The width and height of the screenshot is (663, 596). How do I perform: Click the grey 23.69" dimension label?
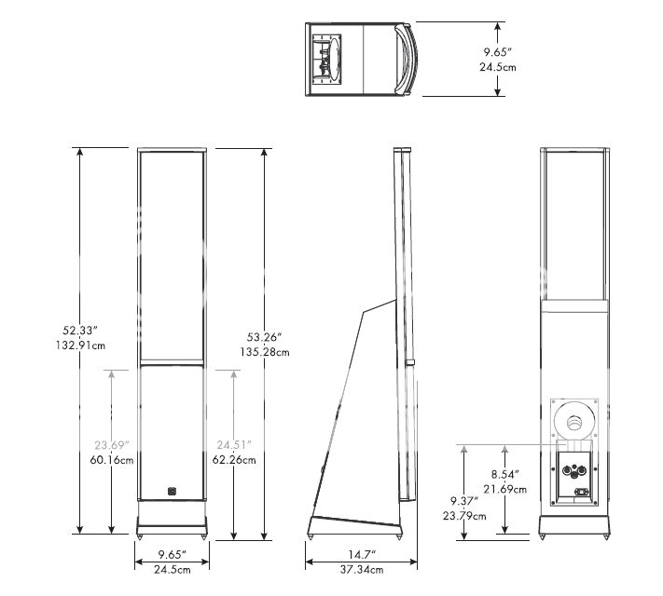(111, 443)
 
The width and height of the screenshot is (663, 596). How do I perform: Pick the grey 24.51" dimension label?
(232, 443)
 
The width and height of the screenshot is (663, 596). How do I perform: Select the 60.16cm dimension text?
(111, 459)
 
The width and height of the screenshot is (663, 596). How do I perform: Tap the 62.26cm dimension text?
(232, 459)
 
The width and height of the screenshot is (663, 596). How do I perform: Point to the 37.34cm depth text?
(356, 569)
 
